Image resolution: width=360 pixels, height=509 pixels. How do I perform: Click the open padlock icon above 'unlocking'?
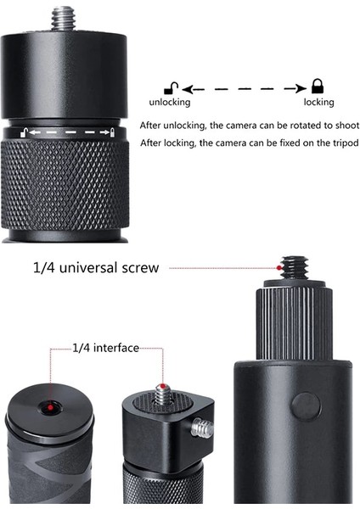(x=171, y=87)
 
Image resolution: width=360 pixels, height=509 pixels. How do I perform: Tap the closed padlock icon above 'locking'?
(x=318, y=86)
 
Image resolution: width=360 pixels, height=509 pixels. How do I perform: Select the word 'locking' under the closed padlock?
(x=318, y=102)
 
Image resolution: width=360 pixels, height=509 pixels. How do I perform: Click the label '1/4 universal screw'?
(x=95, y=268)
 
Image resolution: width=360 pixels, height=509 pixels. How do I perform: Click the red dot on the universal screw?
(x=279, y=268)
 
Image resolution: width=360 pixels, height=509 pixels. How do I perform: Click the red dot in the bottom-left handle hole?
(x=52, y=408)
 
